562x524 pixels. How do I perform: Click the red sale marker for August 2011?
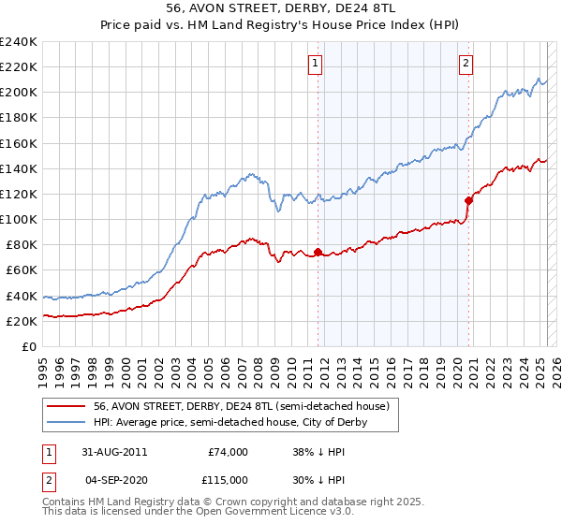[318, 252]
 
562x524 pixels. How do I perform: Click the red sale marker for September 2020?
[468, 199]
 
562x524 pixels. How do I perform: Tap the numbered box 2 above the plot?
[466, 64]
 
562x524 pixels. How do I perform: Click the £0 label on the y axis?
[30, 346]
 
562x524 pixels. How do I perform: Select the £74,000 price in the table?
[228, 452]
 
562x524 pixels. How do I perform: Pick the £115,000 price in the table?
[226, 479]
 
